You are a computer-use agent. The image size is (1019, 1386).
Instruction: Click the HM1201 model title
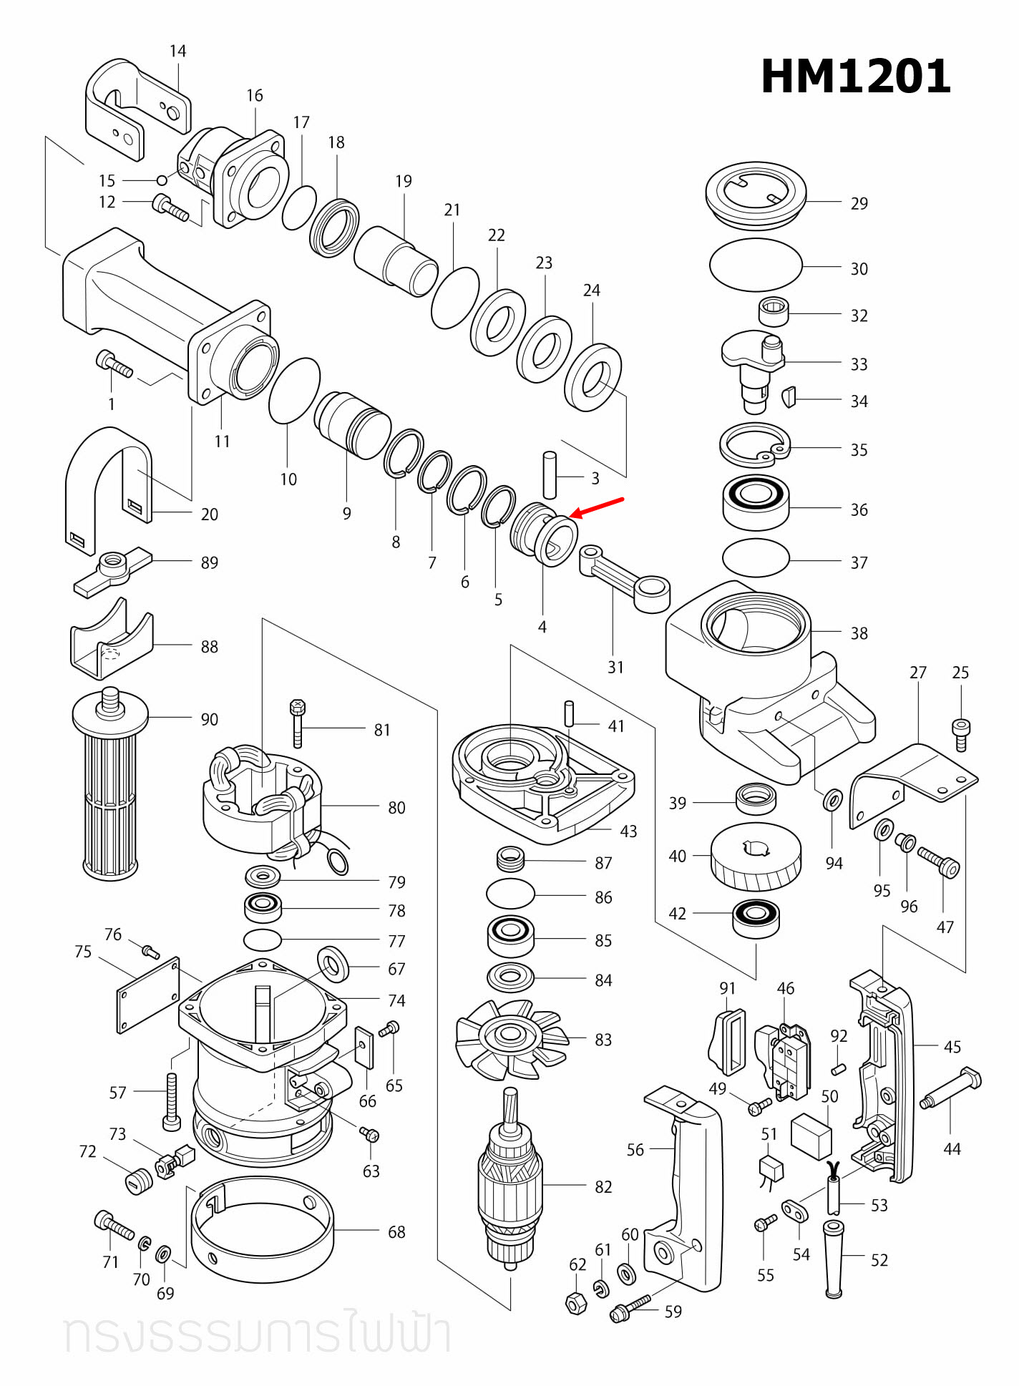[x=855, y=77]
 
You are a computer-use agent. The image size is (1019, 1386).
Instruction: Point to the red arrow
[x=597, y=508]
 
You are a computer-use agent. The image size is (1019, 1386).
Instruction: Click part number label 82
[x=603, y=1186]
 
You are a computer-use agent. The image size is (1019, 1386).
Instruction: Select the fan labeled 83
[x=511, y=1038]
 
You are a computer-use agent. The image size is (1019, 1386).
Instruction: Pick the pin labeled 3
[x=550, y=474]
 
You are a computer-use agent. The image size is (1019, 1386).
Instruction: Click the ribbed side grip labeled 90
[x=110, y=787]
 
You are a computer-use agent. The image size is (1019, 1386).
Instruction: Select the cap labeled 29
[x=756, y=195]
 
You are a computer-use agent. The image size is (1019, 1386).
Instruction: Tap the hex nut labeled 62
[x=576, y=1303]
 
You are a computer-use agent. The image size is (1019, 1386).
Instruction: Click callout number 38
[x=859, y=633]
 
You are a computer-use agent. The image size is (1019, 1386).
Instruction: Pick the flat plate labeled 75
[x=148, y=995]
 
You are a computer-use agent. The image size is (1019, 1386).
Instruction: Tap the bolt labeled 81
[x=298, y=723]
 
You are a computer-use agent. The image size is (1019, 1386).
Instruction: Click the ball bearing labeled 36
[x=756, y=502]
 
